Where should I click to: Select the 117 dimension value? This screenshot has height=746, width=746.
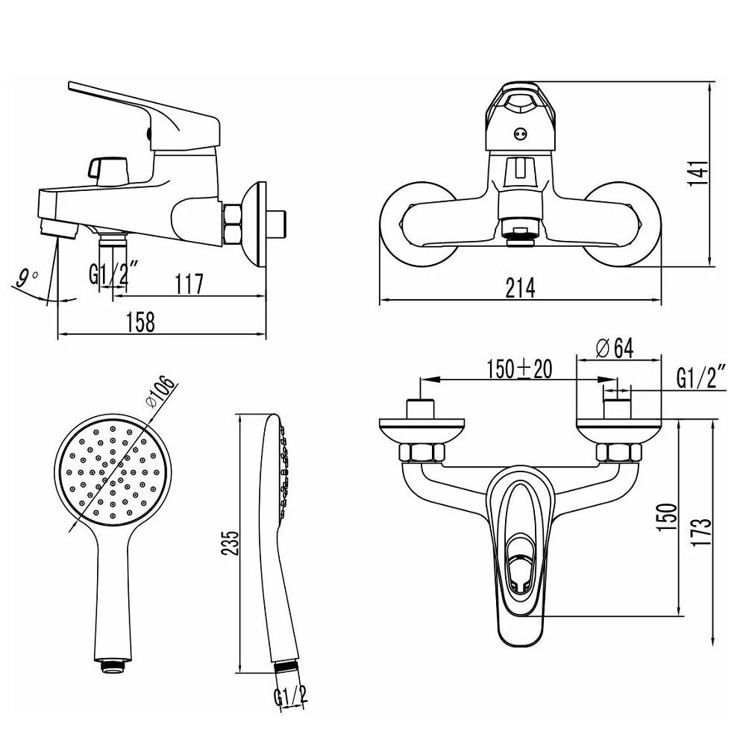click(x=189, y=284)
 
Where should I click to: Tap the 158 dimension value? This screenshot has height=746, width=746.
click(x=140, y=322)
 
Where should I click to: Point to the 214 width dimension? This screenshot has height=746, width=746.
click(x=520, y=288)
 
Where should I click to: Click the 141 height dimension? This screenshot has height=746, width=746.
click(x=699, y=173)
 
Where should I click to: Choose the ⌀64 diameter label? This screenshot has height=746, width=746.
click(x=614, y=348)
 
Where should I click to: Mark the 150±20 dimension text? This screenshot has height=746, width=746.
click(x=519, y=369)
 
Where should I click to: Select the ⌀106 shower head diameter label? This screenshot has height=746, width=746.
click(x=160, y=392)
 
